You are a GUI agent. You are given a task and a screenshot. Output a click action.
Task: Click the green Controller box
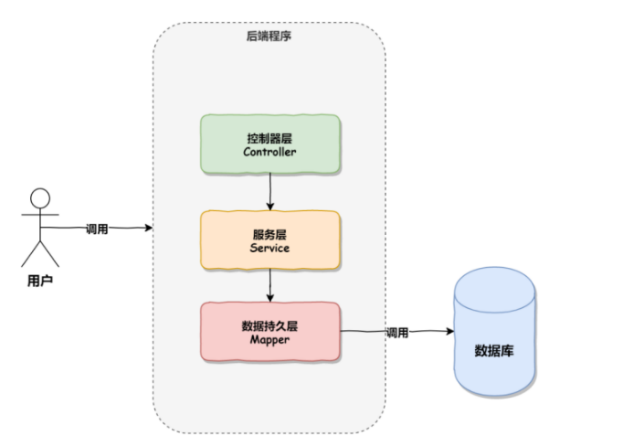[270, 144]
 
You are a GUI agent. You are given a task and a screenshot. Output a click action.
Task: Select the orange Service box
[270, 239]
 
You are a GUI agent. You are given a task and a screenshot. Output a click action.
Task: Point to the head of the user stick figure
[40, 198]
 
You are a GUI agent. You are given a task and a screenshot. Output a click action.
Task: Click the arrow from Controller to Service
[270, 191]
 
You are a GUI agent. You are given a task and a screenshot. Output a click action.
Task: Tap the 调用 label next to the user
[97, 229]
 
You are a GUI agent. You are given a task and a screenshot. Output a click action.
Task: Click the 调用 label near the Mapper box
[396, 333]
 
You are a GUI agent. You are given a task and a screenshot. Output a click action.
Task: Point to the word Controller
[270, 152]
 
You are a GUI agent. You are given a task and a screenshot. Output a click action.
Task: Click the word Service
[270, 247]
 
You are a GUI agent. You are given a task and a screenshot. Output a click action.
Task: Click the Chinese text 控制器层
[270, 138]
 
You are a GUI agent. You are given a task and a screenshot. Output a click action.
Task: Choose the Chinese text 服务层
[270, 233]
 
